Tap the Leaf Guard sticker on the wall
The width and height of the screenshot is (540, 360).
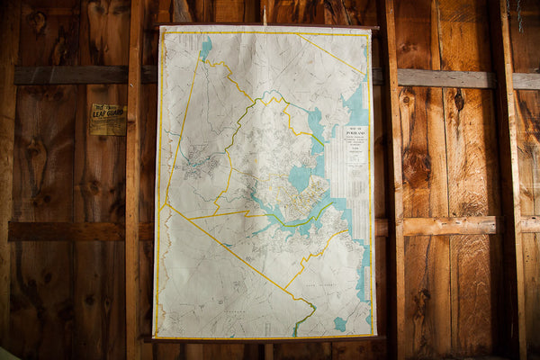click(x=108, y=120)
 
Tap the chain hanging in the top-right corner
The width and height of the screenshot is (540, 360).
click(x=519, y=13)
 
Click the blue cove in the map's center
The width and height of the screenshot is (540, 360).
click(x=300, y=177)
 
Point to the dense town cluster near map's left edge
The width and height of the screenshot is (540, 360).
click(x=200, y=164)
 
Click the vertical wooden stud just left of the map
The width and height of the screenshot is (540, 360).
click(x=134, y=180)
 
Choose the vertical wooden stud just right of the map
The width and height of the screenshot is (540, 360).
click(x=392, y=180)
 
